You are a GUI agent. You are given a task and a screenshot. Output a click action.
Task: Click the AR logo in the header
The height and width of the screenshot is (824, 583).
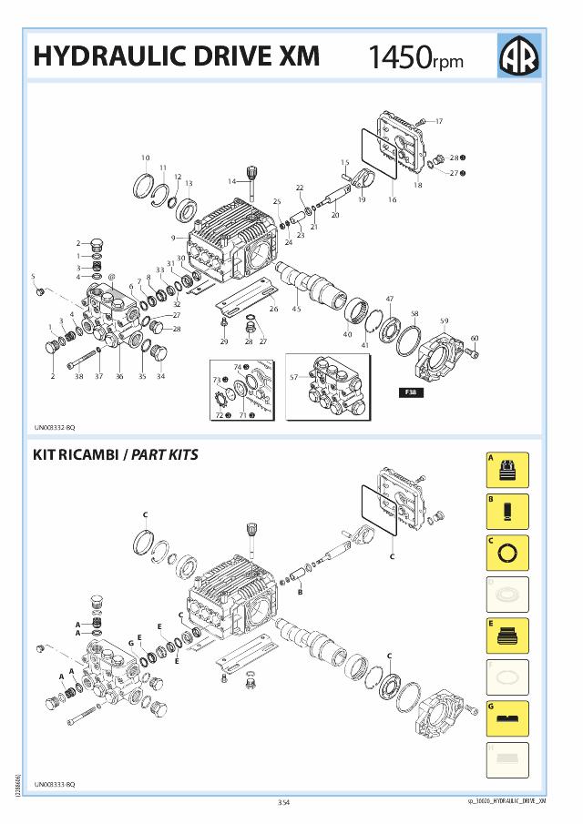[x=519, y=56]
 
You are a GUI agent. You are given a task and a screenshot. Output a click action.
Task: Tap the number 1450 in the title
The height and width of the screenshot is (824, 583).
[x=399, y=57]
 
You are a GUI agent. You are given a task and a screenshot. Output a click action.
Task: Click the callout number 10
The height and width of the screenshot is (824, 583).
[x=145, y=158]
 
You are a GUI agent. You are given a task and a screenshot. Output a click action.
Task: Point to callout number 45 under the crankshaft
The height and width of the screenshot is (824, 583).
[x=296, y=310]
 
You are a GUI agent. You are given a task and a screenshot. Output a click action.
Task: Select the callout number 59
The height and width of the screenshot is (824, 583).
[x=445, y=320]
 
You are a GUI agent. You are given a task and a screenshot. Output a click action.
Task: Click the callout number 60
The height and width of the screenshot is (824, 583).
[x=475, y=339]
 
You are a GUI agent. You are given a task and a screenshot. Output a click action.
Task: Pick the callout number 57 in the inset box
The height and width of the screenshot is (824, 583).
[x=293, y=376]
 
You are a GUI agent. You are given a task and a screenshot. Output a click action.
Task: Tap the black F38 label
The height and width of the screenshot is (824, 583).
[x=407, y=392]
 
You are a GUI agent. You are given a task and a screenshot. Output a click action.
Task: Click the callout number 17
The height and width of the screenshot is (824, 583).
[x=438, y=121]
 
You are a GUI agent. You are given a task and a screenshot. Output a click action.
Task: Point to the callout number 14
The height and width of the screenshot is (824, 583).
[x=231, y=181]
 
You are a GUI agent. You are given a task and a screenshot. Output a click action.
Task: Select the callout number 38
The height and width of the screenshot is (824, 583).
[x=79, y=375]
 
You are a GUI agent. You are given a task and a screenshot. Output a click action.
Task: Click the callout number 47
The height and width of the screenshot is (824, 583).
[x=389, y=300]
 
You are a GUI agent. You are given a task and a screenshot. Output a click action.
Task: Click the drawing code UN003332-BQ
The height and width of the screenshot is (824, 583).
[x=56, y=427]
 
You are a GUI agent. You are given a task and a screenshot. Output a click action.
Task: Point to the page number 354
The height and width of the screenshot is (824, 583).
[x=283, y=802]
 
